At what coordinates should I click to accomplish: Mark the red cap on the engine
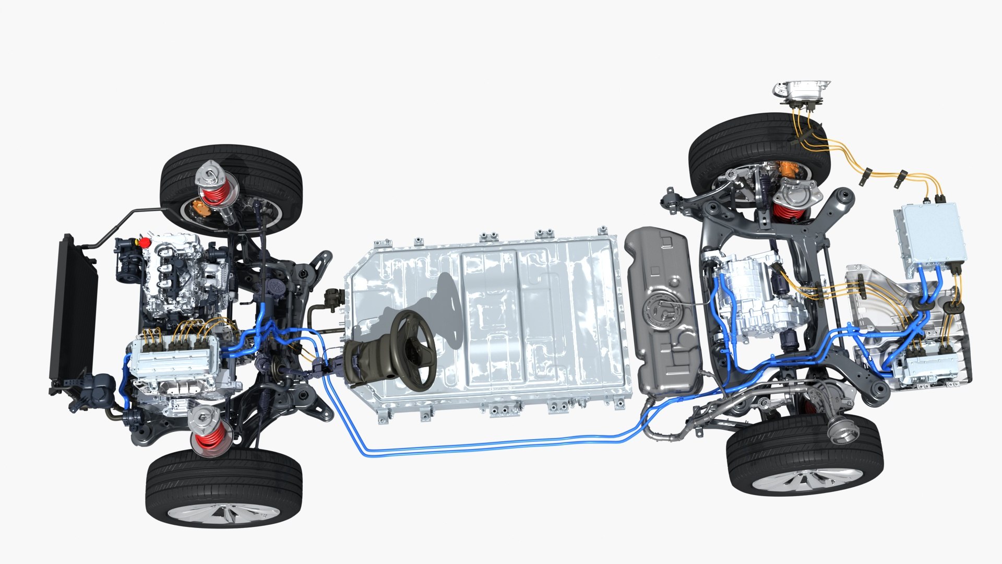141,242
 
